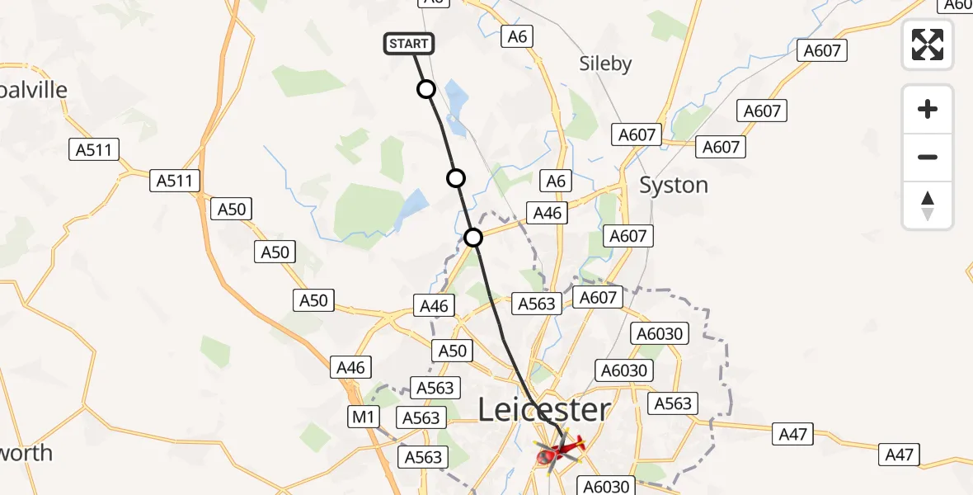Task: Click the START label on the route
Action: (408, 44)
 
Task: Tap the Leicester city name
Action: (544, 410)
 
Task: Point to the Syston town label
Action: (674, 186)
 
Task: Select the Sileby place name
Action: (605, 64)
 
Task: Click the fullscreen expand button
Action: (928, 45)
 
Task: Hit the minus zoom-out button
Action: (928, 157)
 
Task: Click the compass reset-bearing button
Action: (928, 205)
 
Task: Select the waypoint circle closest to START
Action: (425, 89)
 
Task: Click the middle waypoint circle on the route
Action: (455, 178)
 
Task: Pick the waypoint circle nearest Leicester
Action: (473, 238)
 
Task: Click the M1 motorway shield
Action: (363, 417)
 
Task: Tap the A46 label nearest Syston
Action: (547, 213)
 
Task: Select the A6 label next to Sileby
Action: (517, 36)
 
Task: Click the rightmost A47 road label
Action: (899, 453)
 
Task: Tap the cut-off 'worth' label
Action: (26, 453)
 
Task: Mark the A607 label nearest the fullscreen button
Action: (822, 51)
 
